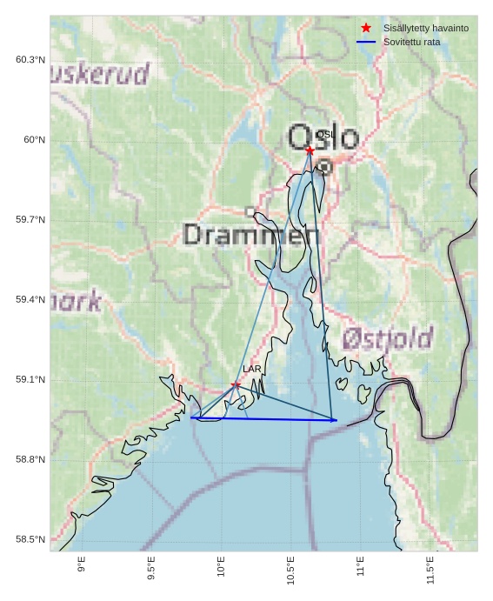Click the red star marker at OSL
tap(310, 150)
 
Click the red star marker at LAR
tap(236, 384)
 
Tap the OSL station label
tap(325, 135)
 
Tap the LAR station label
tap(252, 370)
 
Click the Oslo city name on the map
tap(323, 137)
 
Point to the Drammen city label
tap(251, 234)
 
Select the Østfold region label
tap(387, 337)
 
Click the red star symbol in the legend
tap(366, 28)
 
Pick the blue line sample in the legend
tap(366, 42)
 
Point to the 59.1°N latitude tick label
tap(30, 380)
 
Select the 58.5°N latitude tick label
tap(30, 540)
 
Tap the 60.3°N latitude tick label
tap(30, 60)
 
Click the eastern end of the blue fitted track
tap(336, 420)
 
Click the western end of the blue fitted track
tap(190, 417)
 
